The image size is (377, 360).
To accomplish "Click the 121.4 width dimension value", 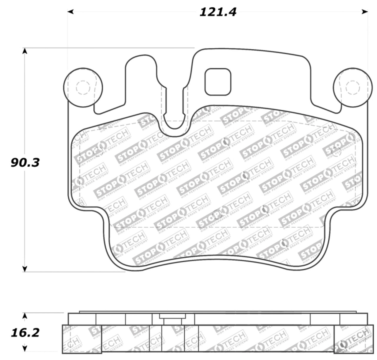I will click(218, 12).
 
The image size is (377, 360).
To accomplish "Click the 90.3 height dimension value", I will click(25, 162).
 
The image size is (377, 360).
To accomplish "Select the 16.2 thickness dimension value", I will click(25, 333).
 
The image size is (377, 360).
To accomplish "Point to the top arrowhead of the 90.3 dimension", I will click(25, 51).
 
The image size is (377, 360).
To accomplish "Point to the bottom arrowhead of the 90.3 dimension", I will click(25, 269).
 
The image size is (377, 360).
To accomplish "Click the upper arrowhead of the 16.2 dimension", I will click(25, 316).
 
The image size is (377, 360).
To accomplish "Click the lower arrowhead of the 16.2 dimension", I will click(25, 349).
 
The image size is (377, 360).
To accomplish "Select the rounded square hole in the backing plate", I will click(218, 82).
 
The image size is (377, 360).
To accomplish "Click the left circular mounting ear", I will click(83, 87).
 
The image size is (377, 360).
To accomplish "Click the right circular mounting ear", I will click(351, 87).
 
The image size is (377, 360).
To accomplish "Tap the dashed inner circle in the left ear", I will click(83, 87).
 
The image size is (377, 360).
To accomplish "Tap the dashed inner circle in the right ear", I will click(353, 87).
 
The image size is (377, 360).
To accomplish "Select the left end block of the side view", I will click(82, 339).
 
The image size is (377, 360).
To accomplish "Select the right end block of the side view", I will click(351, 339).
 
